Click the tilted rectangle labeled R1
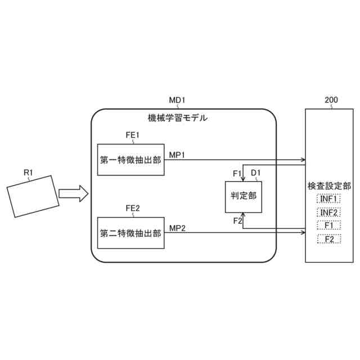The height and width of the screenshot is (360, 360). (x=32, y=196)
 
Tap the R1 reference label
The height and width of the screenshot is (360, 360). (x=29, y=173)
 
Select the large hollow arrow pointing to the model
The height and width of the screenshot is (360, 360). (x=74, y=194)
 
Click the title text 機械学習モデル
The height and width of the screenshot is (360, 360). (x=177, y=118)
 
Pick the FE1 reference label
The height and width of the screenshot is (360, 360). (x=133, y=136)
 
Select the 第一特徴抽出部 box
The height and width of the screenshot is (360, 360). (x=130, y=160)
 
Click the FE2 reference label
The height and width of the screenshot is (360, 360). (x=133, y=208)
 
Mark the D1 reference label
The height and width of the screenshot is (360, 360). (x=255, y=172)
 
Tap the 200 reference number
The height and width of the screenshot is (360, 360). (x=331, y=100)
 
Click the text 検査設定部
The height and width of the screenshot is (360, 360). (x=329, y=185)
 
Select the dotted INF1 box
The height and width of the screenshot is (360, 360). (x=329, y=199)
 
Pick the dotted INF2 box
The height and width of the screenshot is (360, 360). (x=329, y=213)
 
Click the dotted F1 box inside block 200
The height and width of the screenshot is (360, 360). (x=329, y=226)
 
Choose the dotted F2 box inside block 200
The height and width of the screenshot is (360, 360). (x=329, y=240)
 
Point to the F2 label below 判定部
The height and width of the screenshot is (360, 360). (x=237, y=221)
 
